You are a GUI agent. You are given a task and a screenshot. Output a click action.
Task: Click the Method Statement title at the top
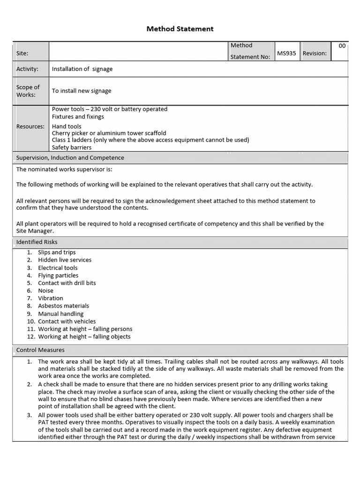coord(180,29)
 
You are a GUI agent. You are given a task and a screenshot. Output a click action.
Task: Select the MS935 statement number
coord(286,53)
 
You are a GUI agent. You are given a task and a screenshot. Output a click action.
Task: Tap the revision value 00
coord(342,46)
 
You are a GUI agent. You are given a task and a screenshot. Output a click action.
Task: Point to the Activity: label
coord(27,69)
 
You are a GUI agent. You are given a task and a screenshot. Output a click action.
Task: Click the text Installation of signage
coord(82,69)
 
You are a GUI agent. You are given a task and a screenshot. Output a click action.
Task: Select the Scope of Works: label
coord(28,91)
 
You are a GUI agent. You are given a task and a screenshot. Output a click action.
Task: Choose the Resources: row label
coord(30,127)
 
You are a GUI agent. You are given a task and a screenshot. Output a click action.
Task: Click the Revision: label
coord(315,53)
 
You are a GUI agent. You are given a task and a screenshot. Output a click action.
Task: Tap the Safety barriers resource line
coord(72,148)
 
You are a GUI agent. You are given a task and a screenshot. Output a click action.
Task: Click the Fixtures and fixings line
coord(78,117)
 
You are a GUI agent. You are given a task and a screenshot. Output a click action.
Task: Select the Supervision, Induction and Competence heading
coord(70,158)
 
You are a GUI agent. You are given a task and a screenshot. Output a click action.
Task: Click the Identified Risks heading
coord(37,242)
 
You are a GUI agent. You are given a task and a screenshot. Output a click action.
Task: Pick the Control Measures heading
coord(40,350)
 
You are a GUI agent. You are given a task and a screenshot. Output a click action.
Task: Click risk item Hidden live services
coord(65,260)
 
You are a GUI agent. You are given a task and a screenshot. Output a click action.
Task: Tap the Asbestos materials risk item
coord(63,306)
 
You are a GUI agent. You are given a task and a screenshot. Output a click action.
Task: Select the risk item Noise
coord(46,291)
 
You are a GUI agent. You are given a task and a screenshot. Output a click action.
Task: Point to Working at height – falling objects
coord(84,337)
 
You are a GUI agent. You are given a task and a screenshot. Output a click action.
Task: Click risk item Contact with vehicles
coord(67,322)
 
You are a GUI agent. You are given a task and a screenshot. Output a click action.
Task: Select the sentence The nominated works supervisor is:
coord(64,170)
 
